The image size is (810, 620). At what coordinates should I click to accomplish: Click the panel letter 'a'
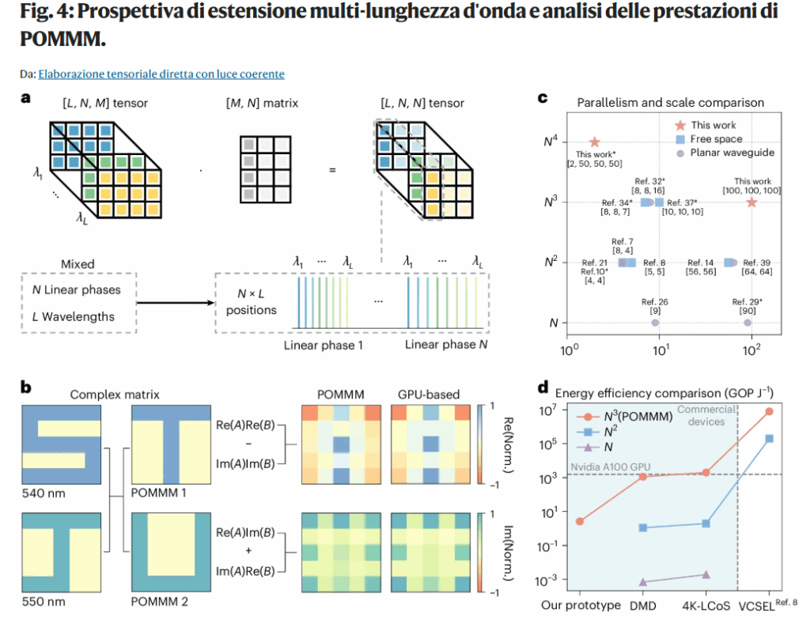tap(26, 99)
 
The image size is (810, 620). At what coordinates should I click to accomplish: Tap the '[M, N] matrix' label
tap(265, 104)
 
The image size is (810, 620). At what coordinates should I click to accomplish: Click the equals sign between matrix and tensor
tap(331, 169)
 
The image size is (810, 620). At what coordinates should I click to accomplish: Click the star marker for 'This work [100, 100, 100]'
tap(751, 202)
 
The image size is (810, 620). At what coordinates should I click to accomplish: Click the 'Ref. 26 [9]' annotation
tap(656, 306)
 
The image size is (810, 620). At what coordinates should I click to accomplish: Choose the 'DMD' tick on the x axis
tap(643, 606)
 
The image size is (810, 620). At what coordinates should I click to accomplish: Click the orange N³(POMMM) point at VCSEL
tap(769, 411)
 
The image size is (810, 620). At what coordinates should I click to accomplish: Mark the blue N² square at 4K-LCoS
tap(706, 524)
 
